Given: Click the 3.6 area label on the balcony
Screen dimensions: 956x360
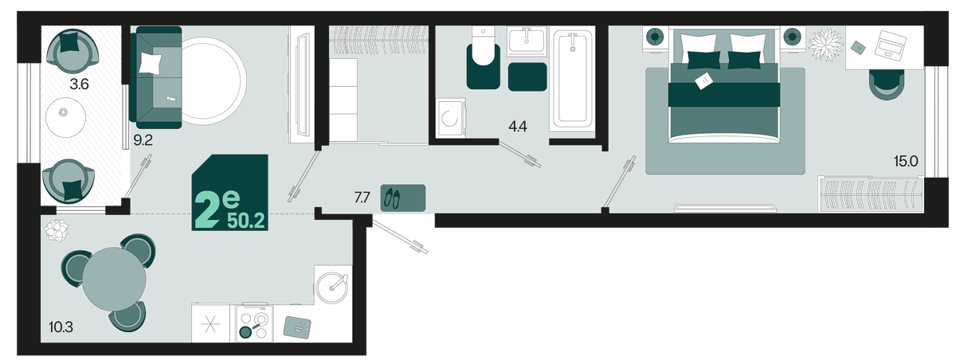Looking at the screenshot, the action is coord(79,84).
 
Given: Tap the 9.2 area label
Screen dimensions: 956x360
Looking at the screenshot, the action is coord(143,140).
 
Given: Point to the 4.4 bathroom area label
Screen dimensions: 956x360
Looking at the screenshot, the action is coord(517,127).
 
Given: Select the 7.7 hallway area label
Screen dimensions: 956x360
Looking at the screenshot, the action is coord(362,198).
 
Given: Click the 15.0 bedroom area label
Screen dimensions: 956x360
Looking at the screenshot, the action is coord(906,161).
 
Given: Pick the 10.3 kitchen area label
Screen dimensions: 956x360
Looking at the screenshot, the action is coord(61,327).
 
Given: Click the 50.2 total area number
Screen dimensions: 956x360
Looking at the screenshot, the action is coord(246,221).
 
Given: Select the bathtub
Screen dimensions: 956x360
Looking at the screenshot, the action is coord(572,78).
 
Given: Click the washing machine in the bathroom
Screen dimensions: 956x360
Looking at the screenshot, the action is coord(451,118).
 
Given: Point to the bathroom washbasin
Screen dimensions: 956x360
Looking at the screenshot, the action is coord(527,41).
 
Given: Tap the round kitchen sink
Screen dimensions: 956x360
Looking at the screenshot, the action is coord(333,287).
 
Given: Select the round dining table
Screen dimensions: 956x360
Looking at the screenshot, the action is coord(114,280).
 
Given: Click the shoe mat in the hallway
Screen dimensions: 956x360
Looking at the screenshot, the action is coord(403,198).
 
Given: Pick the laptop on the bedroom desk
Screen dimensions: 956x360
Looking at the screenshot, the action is coord(891,44).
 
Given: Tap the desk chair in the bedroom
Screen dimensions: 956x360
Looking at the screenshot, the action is coord(887,84).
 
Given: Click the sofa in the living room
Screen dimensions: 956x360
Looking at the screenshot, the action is coord(157,77).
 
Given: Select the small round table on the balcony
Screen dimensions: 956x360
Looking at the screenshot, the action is coord(65,117).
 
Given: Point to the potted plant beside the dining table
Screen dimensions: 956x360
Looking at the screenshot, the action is coord(57,230).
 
